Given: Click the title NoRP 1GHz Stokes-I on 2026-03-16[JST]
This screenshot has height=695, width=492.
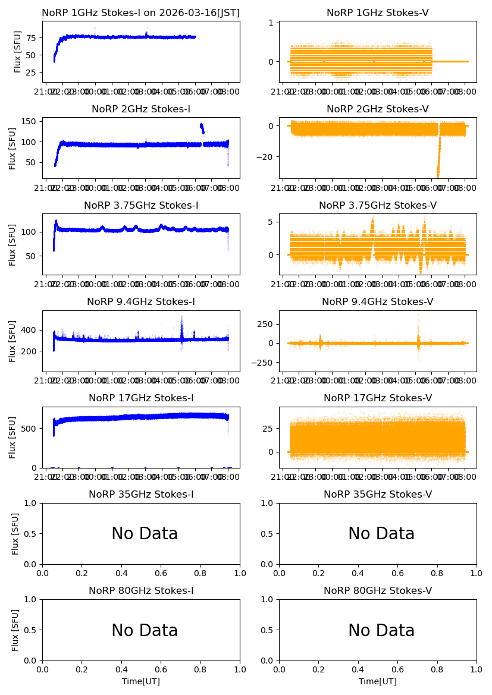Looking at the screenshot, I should point(141,12).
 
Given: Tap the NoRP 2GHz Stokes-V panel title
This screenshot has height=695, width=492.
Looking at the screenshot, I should point(378,109).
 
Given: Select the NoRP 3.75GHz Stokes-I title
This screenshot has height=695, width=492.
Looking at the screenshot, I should point(141,205).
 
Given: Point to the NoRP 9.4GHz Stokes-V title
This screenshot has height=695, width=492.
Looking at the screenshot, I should point(378,301).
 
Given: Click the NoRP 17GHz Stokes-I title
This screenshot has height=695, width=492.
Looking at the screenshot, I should point(141,398).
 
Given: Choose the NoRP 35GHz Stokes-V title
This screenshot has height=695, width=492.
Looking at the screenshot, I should point(378,494).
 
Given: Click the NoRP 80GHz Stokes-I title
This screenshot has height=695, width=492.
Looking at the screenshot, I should point(141,590).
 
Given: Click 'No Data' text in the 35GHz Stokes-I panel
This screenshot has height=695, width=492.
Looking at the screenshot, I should point(145,534).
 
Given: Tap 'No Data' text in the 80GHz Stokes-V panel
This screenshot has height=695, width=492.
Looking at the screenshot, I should point(381,630).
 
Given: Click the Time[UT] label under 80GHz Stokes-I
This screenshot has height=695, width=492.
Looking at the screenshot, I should point(141,681).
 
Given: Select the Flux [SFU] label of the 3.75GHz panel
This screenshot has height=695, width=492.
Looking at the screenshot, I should point(12,244).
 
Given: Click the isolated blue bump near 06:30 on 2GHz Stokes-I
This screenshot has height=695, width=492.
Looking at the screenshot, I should point(202,128).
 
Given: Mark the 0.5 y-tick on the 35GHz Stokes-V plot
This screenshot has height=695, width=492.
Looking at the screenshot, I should point(269,534).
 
